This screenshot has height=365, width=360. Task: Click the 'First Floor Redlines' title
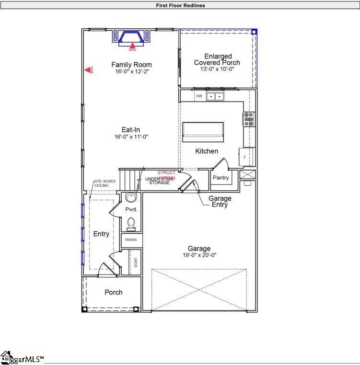tap(180, 6)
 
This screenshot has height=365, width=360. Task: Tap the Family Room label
tap(131, 65)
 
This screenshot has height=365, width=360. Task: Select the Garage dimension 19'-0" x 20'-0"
tap(199, 255)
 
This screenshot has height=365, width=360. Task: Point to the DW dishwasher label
tap(199, 96)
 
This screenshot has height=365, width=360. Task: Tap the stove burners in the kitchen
tap(249, 119)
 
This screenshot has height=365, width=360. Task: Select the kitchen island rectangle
tap(203, 130)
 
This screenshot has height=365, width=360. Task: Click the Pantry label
tap(221, 178)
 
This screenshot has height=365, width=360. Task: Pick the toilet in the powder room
tap(131, 223)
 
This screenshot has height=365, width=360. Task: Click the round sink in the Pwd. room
tap(131, 197)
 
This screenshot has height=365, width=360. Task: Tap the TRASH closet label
tap(131, 240)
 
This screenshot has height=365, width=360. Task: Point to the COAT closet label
tap(136, 262)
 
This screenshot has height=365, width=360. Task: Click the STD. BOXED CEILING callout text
tap(105, 183)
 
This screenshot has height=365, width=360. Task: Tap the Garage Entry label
tap(220, 201)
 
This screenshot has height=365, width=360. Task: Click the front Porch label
tap(114, 292)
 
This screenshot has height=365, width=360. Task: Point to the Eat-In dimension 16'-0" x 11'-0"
tap(131, 137)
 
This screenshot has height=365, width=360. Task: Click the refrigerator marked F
tap(244, 157)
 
